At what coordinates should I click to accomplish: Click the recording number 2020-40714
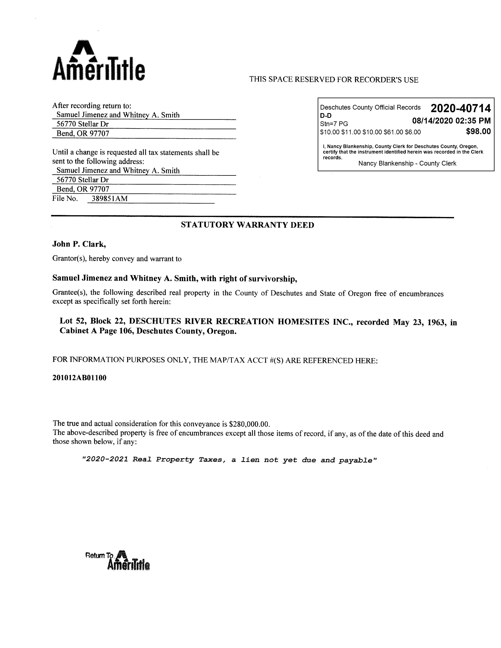460,109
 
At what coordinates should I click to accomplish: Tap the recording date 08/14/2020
432,121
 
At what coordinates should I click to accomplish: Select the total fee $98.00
478,131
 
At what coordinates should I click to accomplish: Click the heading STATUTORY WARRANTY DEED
247,225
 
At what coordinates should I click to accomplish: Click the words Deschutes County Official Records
370,107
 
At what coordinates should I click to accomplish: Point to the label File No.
65,199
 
